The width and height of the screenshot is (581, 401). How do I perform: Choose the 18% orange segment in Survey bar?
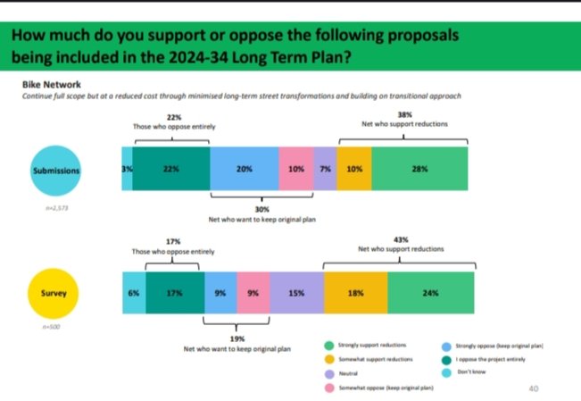[355, 291]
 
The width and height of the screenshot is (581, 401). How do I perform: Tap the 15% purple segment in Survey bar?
[296, 291]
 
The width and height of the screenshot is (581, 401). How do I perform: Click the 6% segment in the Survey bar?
[133, 291]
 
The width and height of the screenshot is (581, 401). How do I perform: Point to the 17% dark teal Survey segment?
[175, 291]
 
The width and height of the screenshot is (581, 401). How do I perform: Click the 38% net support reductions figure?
[404, 115]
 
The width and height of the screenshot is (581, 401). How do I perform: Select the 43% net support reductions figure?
[398, 240]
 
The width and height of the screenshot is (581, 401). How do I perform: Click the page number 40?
[534, 388]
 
